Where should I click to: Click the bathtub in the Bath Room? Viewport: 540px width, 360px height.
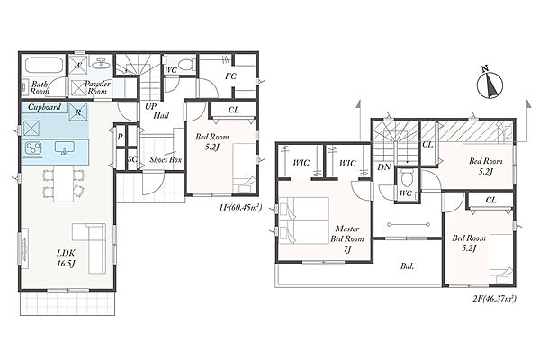[x=44, y=65]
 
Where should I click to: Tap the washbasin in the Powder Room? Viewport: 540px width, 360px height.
[x=101, y=64]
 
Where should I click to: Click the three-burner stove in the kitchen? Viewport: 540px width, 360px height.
[x=33, y=148]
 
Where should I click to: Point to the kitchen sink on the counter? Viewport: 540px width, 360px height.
[x=65, y=148]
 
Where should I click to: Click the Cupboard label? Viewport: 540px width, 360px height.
[x=44, y=107]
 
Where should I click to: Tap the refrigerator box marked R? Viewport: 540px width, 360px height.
[x=78, y=112]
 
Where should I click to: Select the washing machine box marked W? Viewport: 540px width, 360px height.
[x=78, y=65]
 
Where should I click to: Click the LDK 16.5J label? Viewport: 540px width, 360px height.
[x=66, y=258]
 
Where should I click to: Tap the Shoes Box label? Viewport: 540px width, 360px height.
[x=166, y=159]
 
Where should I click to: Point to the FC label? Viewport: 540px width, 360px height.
[x=230, y=76]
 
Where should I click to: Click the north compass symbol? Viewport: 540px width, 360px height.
[x=490, y=83]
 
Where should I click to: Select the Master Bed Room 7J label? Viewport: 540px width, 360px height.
[x=347, y=238]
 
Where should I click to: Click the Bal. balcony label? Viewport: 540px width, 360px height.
[x=407, y=266]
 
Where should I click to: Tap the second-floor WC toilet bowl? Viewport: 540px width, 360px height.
[x=407, y=179]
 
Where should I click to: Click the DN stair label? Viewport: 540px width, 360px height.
[x=384, y=166]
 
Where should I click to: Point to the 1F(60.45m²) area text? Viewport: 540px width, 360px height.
[x=240, y=207]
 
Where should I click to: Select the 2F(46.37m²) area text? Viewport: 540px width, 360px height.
[x=494, y=298]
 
